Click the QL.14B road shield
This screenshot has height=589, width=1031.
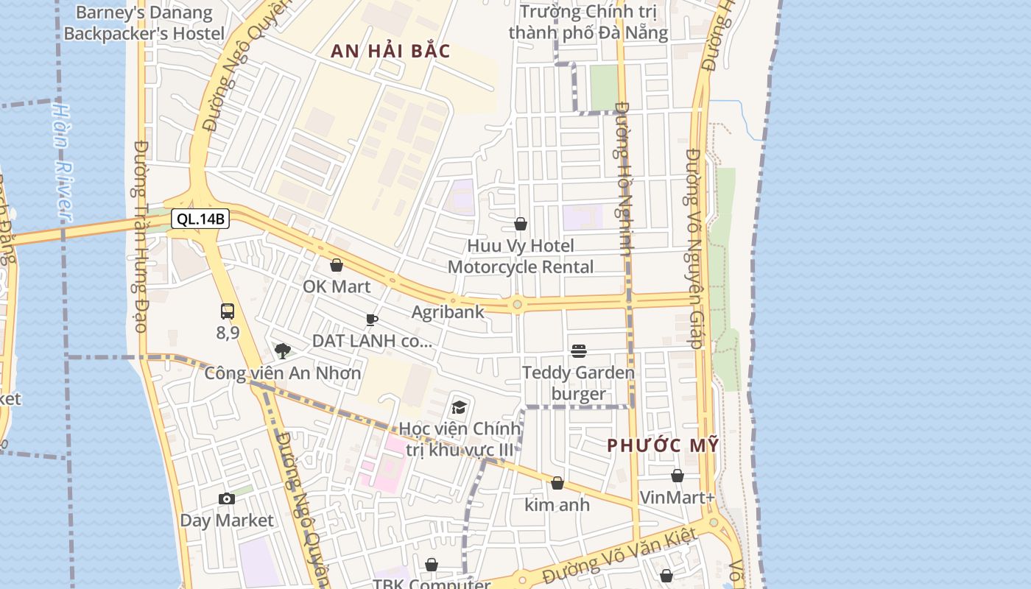coord(200,219)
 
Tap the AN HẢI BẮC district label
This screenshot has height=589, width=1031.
coord(390,51)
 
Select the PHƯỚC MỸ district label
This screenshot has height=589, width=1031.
coord(663,445)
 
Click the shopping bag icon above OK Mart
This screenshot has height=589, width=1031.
coord(337,265)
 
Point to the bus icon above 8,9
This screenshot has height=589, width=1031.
coord(228,311)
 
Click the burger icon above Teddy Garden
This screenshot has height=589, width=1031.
coord(579,351)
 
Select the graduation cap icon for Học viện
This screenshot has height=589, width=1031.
coord(460,407)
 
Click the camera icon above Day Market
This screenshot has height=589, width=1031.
coord(227,499)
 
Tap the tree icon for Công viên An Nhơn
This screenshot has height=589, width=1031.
coord(282,350)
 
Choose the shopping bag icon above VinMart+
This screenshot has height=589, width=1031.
coord(677,476)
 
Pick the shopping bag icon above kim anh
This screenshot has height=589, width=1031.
coord(557,483)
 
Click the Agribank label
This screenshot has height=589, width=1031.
coord(448,311)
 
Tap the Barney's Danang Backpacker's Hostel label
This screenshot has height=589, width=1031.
coord(144,23)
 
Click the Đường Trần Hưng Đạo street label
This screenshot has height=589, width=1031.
coord(141,236)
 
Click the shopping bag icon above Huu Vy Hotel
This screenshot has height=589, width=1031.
coord(521,224)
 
